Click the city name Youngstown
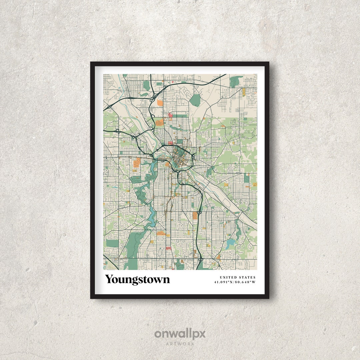[x=137, y=279]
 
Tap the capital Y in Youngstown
[x=110, y=279]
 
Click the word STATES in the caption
[x=247, y=277]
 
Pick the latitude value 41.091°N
[x=224, y=282]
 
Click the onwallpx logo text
[x=180, y=334]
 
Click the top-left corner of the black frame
[x=91, y=62]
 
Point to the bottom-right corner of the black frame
[x=268, y=298]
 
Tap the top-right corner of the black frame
[x=268, y=62]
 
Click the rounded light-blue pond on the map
[x=230, y=244]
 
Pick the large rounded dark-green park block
[x=196, y=100]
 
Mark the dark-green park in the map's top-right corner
[x=236, y=80]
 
